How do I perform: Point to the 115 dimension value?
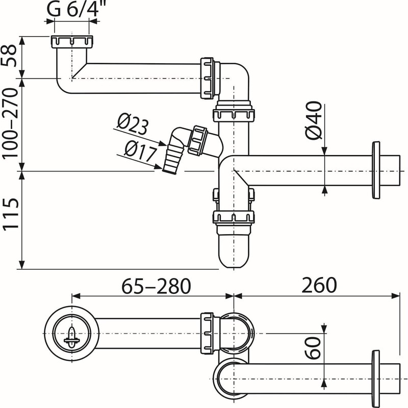pyautogui.click(x=12, y=219)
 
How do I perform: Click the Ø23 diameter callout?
pyautogui.click(x=132, y=124)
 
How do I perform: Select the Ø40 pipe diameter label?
pyautogui.click(x=314, y=121)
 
